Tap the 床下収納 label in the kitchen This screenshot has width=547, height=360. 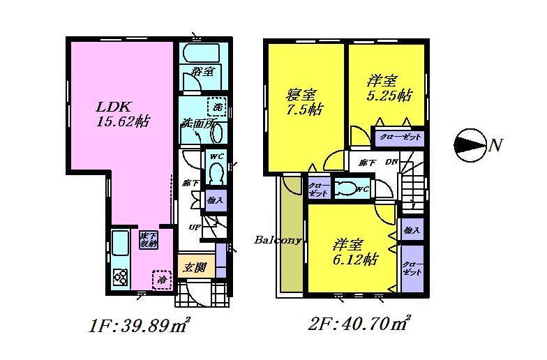149,239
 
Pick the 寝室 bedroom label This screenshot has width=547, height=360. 301,96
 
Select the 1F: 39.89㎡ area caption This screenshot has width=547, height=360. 140,324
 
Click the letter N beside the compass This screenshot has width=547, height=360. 495,145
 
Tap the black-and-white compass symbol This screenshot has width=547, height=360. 469,144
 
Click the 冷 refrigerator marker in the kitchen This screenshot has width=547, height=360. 161,280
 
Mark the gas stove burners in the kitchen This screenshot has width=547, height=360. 119,277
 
